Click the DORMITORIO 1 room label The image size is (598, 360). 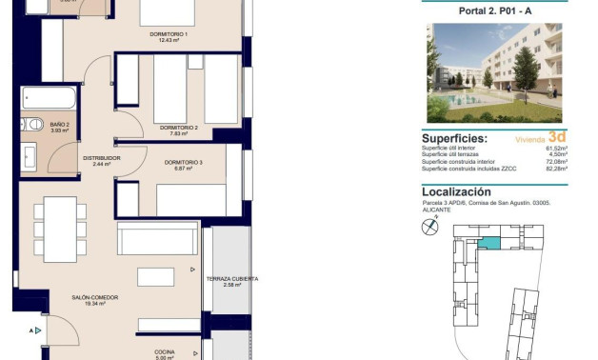point(169,35)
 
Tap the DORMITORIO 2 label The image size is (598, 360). point(178,127)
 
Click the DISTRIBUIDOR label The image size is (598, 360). point(101,158)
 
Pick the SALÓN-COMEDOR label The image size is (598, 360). point(94,298)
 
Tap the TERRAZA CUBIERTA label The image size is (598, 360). point(231,279)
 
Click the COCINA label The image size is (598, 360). point(165,351)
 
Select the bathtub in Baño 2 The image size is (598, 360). point(48,98)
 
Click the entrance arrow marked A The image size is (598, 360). point(34,330)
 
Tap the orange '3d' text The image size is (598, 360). point(557,135)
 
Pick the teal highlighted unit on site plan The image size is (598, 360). point(488,244)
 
